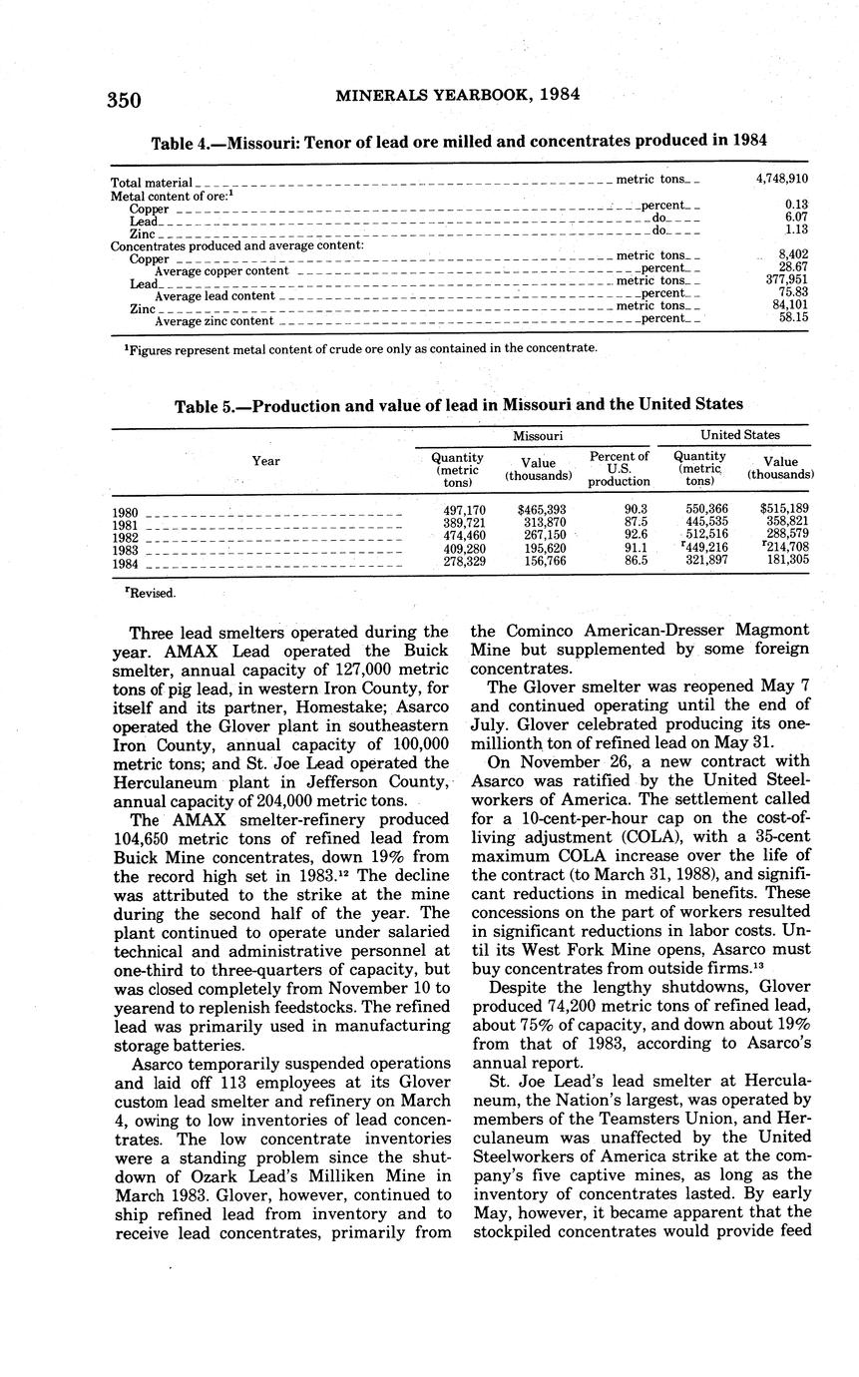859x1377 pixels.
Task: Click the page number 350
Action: click(x=125, y=100)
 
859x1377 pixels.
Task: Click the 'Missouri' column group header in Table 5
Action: click(x=538, y=436)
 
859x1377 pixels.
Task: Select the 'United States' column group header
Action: click(x=740, y=435)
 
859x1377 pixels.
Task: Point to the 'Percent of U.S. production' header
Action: click(x=620, y=469)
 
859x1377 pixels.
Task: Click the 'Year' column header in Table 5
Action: click(x=265, y=461)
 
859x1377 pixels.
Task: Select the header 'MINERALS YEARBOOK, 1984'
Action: click(x=458, y=95)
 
